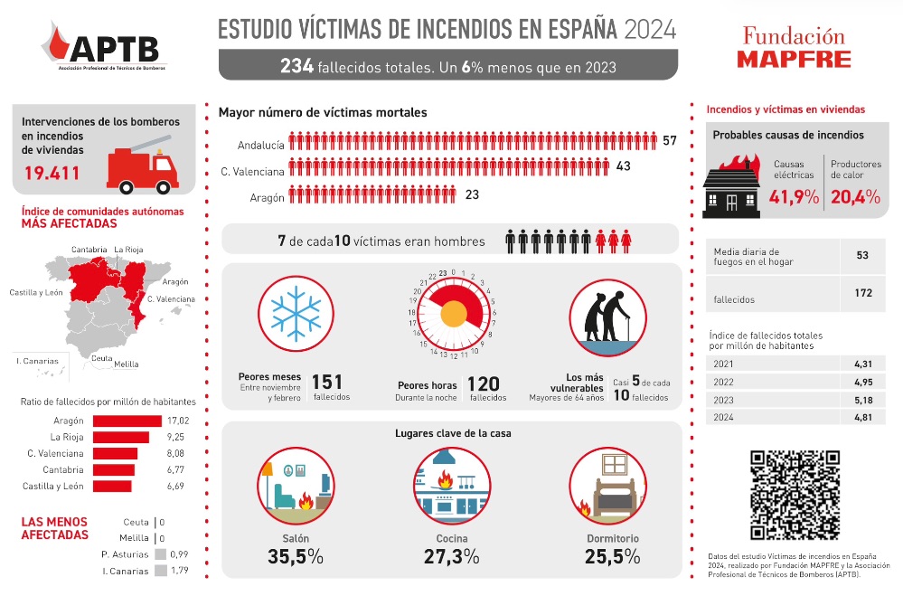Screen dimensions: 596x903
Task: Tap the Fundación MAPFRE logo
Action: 794,48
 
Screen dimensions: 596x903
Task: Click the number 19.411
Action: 52,174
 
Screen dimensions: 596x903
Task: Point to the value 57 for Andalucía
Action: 669,141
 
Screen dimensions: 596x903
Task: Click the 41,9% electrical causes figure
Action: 793,197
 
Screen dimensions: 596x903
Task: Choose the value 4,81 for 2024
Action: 861,418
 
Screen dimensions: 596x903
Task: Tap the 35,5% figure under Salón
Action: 296,557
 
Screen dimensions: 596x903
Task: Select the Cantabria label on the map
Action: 89,249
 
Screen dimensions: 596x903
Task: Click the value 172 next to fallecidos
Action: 861,293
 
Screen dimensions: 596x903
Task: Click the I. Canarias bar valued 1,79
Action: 161,571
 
